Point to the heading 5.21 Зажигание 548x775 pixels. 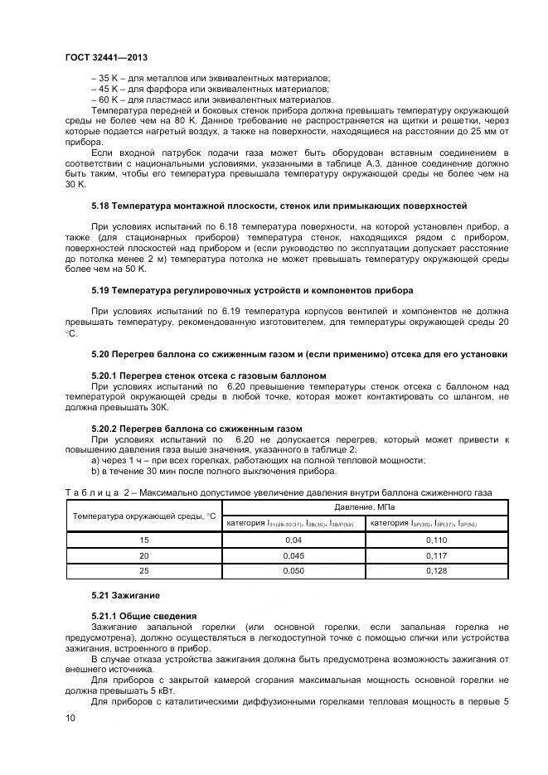(x=125, y=596)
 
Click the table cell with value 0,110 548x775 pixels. (x=437, y=540)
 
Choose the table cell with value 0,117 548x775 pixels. (x=437, y=555)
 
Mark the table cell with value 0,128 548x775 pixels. (x=437, y=571)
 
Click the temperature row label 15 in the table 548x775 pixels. (x=144, y=540)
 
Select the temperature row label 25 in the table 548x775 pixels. (x=144, y=571)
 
